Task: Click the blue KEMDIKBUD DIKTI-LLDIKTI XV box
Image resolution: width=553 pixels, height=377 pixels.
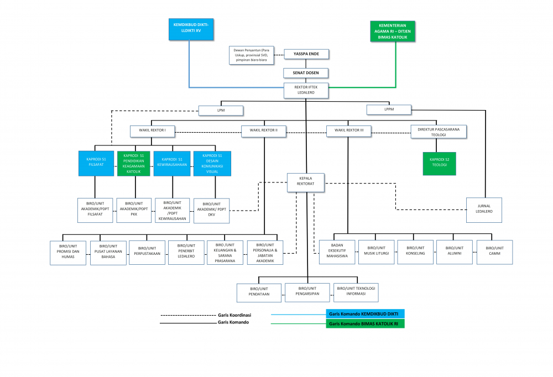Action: tap(190, 29)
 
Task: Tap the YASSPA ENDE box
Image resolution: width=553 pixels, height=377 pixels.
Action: tap(306, 54)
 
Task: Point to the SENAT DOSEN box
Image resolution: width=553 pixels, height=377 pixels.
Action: tap(306, 72)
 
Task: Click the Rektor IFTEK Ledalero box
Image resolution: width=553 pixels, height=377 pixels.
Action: tap(306, 91)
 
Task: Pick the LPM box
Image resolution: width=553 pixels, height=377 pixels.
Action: tap(221, 111)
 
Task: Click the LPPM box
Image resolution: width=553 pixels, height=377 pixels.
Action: tap(389, 109)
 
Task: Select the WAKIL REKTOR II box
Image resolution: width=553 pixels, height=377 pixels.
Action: tap(264, 131)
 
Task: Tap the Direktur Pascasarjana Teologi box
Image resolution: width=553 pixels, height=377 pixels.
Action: tap(439, 131)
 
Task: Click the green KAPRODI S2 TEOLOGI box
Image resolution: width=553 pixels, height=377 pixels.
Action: tap(439, 164)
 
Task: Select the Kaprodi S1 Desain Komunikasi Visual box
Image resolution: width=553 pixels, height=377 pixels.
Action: tap(211, 163)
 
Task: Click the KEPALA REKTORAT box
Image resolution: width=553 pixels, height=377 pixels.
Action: tap(305, 182)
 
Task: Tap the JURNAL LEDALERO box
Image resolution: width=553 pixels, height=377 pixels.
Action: tap(484, 210)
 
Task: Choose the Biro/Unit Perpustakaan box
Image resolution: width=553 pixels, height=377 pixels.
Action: tap(147, 253)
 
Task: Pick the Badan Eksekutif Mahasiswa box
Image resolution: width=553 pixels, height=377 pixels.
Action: tap(337, 253)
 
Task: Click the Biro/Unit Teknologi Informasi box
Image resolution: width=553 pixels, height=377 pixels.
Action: tap(356, 291)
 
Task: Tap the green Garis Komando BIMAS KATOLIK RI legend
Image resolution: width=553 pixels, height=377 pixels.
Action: tap(365, 324)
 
